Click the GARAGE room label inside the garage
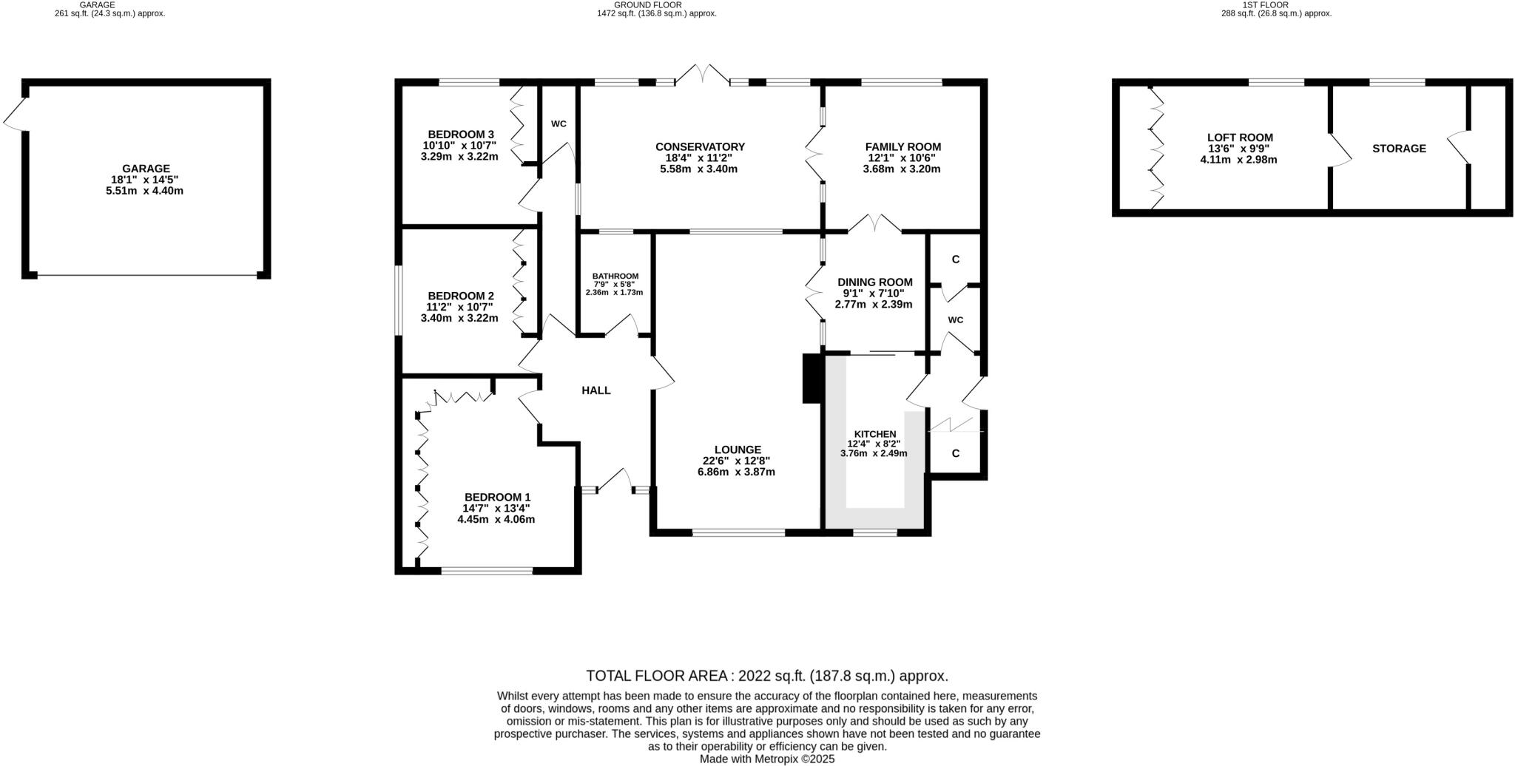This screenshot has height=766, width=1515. [x=146, y=169]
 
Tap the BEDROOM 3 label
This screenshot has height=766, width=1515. [x=459, y=134]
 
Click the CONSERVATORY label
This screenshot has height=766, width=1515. [x=699, y=147]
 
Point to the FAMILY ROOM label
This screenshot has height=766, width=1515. [x=902, y=147]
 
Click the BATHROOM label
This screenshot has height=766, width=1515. [x=615, y=276]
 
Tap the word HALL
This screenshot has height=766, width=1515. [x=595, y=390]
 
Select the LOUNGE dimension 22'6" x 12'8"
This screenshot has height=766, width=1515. [x=737, y=461]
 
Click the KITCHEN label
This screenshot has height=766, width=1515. [x=874, y=434]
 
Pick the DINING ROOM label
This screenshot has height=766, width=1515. [x=874, y=282]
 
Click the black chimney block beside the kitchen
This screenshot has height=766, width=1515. [x=812, y=379]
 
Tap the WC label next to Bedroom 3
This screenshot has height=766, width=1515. [x=559, y=123]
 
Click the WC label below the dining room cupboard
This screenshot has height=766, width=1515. [x=955, y=320]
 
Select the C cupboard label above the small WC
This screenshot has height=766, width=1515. [x=955, y=260]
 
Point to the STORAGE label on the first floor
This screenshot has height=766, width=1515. [x=1398, y=149]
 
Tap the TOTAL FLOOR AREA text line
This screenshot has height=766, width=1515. [x=766, y=676]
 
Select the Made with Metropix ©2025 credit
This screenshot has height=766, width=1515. [x=766, y=759]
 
